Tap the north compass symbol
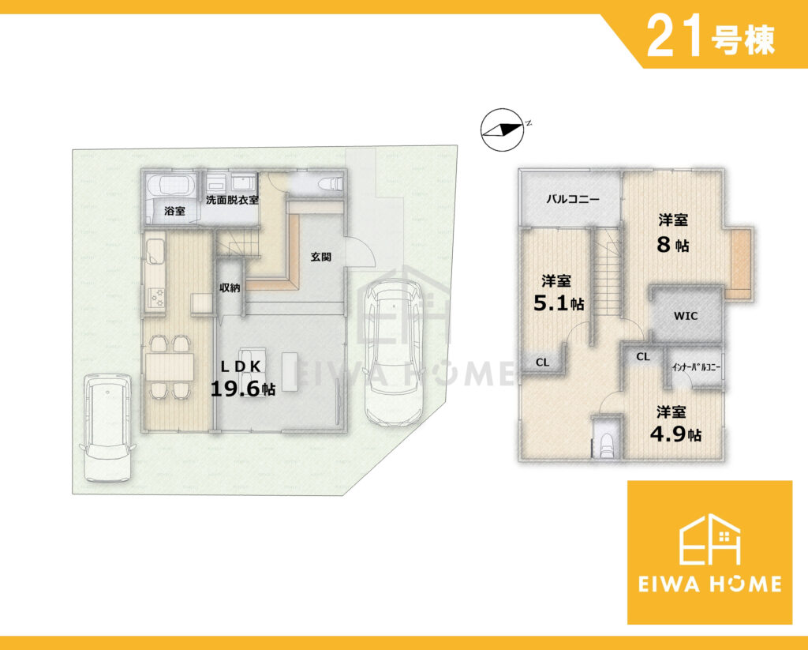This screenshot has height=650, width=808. [x=503, y=130]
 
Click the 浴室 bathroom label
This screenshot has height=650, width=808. [x=174, y=211]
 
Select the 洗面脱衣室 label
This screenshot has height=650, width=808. [x=233, y=200]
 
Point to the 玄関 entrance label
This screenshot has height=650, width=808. [x=320, y=257]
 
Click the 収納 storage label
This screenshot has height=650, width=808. [x=230, y=287]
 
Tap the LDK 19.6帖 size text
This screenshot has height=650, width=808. [x=242, y=378]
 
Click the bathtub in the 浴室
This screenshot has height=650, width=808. [x=170, y=185]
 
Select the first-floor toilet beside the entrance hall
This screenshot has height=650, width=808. [x=331, y=183]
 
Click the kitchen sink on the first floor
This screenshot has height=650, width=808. [x=155, y=253]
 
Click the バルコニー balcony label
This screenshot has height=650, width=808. [x=573, y=200]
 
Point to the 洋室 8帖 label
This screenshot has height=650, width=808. [x=673, y=233]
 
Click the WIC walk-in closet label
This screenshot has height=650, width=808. [x=686, y=316]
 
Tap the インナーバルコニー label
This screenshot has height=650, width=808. [x=696, y=368]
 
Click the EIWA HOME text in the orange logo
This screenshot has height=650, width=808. [x=709, y=584]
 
